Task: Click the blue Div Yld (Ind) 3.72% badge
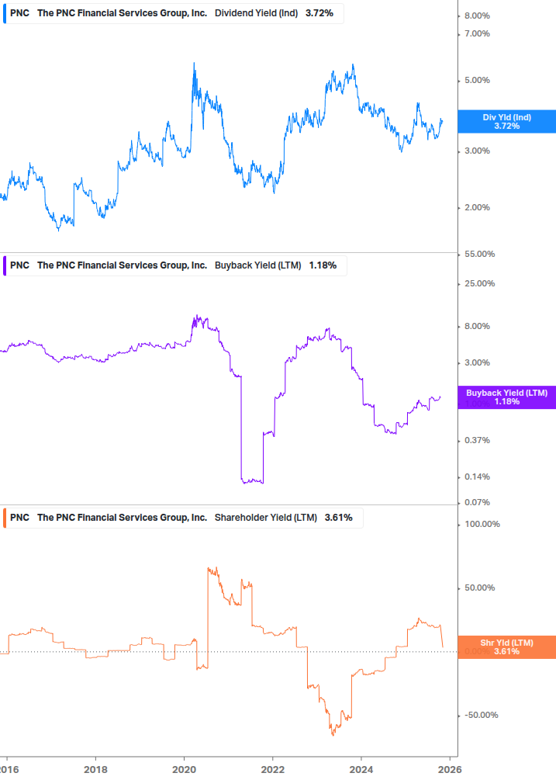pos(506,121)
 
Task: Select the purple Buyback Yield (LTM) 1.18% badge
pos(506,397)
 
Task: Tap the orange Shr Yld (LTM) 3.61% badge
pos(506,647)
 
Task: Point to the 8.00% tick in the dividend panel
pos(476,16)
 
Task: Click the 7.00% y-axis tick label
pos(476,33)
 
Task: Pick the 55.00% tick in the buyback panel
pos(478,255)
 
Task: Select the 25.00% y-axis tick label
pos(478,283)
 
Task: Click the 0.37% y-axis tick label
pos(476,440)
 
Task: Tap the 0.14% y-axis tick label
pos(476,477)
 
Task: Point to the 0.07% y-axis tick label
pos(476,502)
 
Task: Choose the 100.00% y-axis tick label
pos(481,524)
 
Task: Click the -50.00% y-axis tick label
pos(480,716)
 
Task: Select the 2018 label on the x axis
pos(95,769)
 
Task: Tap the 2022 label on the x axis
pos(272,769)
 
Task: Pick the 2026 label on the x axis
pos(450,769)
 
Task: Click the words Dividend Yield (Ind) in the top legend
pos(256,13)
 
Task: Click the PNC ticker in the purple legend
pos(20,265)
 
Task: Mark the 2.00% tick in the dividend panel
pos(476,207)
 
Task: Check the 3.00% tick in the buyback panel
pos(476,362)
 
